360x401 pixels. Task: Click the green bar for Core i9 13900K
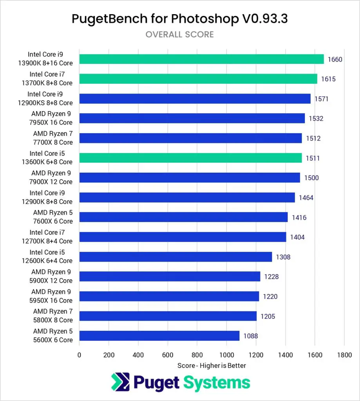point(201,59)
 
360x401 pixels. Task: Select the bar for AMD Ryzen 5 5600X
point(159,336)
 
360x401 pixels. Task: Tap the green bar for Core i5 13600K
point(190,158)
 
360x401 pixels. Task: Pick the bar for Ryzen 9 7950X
point(192,118)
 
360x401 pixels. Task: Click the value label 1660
point(335,60)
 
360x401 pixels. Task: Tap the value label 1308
point(282,257)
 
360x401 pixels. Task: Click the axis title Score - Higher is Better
point(212,365)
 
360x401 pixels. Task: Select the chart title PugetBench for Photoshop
point(180,18)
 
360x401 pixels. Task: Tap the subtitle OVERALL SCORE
point(180,34)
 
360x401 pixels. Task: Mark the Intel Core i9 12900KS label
point(50,98)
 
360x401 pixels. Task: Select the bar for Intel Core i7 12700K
point(183,237)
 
